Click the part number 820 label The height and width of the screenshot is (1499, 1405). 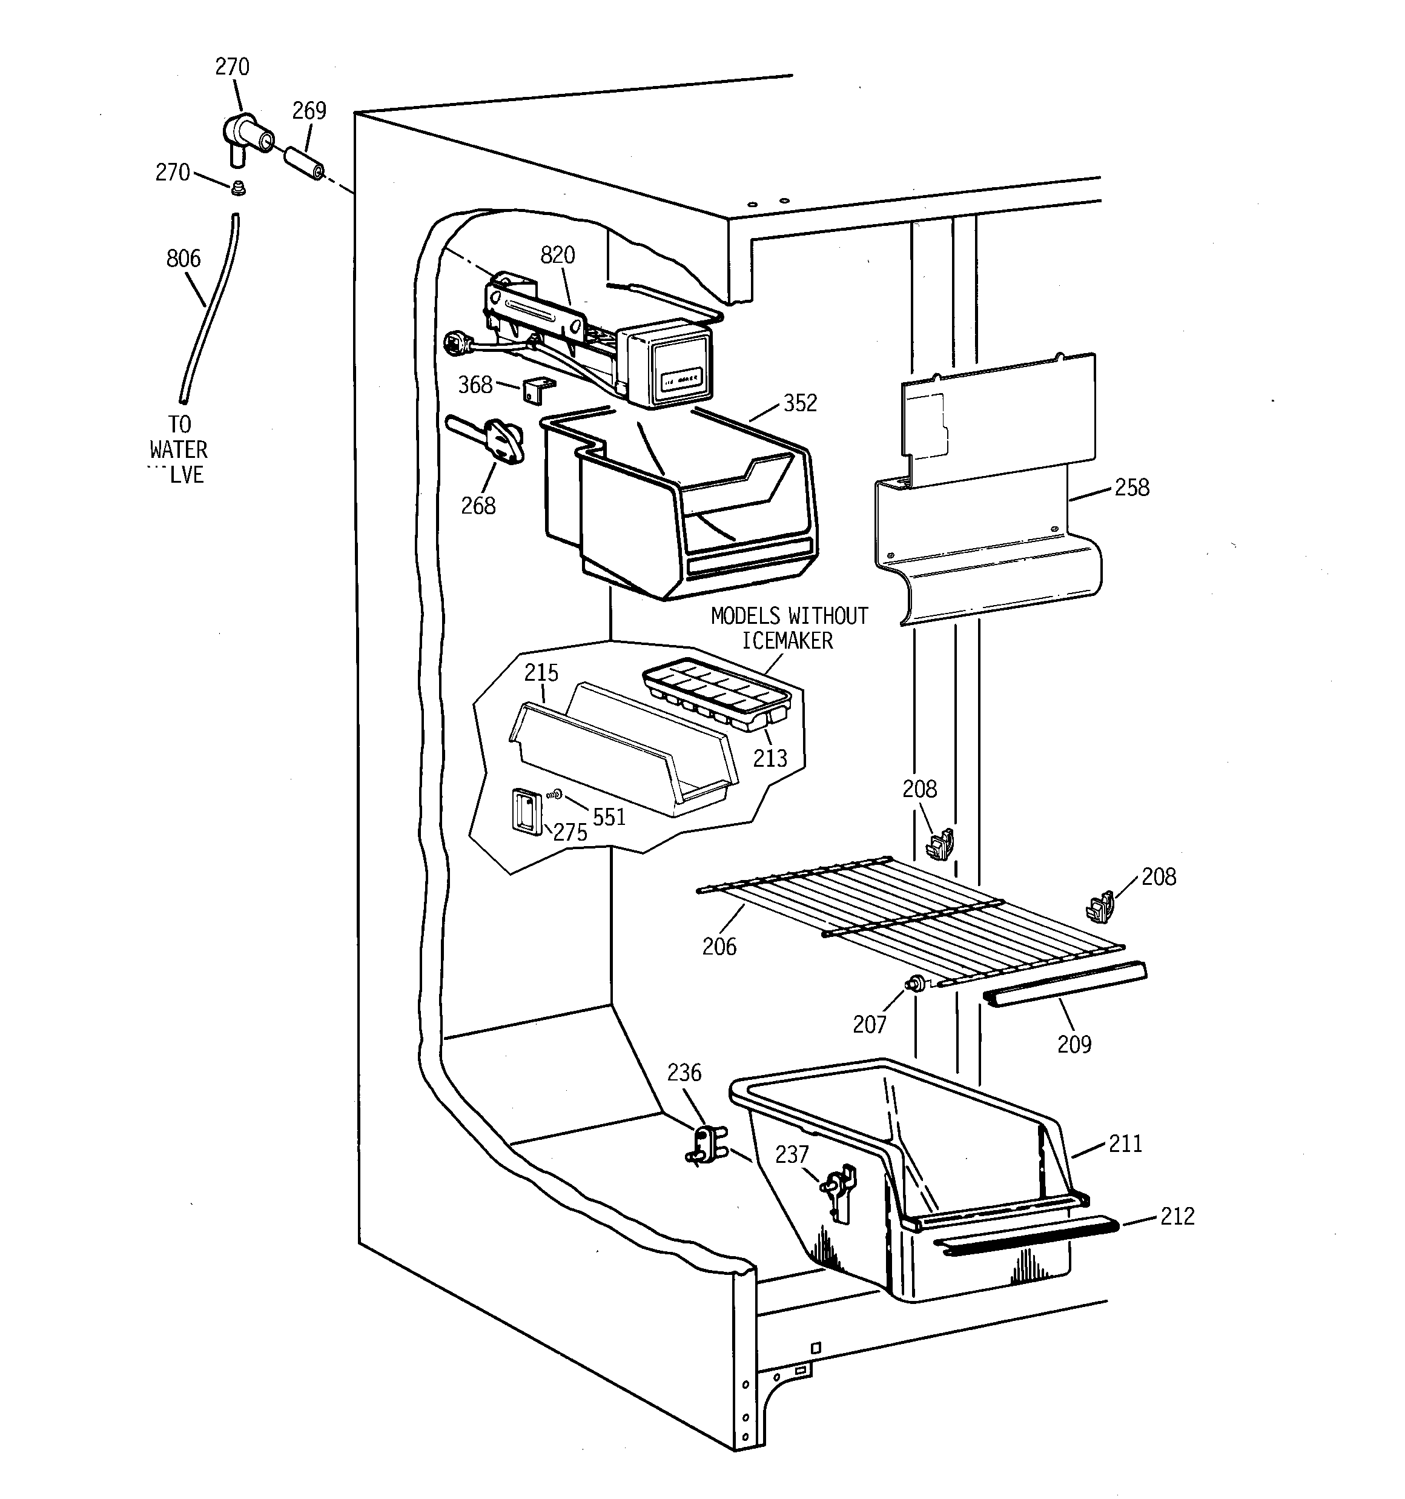click(x=557, y=256)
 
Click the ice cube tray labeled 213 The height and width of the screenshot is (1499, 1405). click(x=716, y=693)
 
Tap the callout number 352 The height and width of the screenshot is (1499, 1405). click(x=800, y=403)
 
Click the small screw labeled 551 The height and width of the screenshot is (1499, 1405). click(x=557, y=794)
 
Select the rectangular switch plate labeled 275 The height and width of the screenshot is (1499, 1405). click(x=527, y=812)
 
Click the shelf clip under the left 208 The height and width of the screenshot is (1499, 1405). click(x=939, y=844)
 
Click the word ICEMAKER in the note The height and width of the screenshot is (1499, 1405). click(x=787, y=641)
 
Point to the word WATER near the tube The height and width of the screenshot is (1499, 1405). click(x=179, y=450)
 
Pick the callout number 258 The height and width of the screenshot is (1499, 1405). click(x=1131, y=488)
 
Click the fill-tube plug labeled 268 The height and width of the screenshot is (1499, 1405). click(x=501, y=440)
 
